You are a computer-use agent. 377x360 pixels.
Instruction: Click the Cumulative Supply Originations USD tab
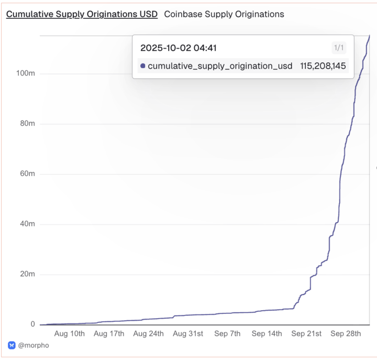click(82, 14)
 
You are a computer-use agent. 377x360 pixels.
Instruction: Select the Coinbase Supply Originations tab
click(224, 14)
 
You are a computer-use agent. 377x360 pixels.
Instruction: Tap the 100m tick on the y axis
click(26, 73)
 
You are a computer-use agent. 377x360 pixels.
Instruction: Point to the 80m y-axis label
click(27, 124)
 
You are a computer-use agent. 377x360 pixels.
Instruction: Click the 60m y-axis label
click(27, 173)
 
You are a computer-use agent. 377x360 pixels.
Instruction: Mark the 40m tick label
click(27, 224)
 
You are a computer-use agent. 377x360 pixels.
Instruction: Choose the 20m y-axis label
click(27, 274)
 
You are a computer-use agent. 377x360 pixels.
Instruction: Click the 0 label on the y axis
click(32, 324)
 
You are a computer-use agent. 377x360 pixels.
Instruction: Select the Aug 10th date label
click(70, 333)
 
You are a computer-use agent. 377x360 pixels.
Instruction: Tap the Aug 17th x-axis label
click(109, 333)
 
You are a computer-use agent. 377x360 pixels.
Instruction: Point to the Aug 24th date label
click(148, 333)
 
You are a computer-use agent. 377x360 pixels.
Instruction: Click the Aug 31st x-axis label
click(188, 333)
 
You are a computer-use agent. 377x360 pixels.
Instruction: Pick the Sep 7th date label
click(227, 333)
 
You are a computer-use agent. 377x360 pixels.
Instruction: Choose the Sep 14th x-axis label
click(267, 333)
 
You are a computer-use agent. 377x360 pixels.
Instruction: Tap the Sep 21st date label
click(306, 333)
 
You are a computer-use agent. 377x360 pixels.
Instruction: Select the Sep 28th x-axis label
click(346, 333)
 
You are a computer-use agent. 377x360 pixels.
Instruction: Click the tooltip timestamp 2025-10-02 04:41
click(179, 48)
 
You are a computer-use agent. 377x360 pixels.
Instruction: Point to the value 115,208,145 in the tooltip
click(323, 66)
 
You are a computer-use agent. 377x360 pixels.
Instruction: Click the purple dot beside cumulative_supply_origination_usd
click(143, 66)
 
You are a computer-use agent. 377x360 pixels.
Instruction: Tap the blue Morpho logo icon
click(12, 345)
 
